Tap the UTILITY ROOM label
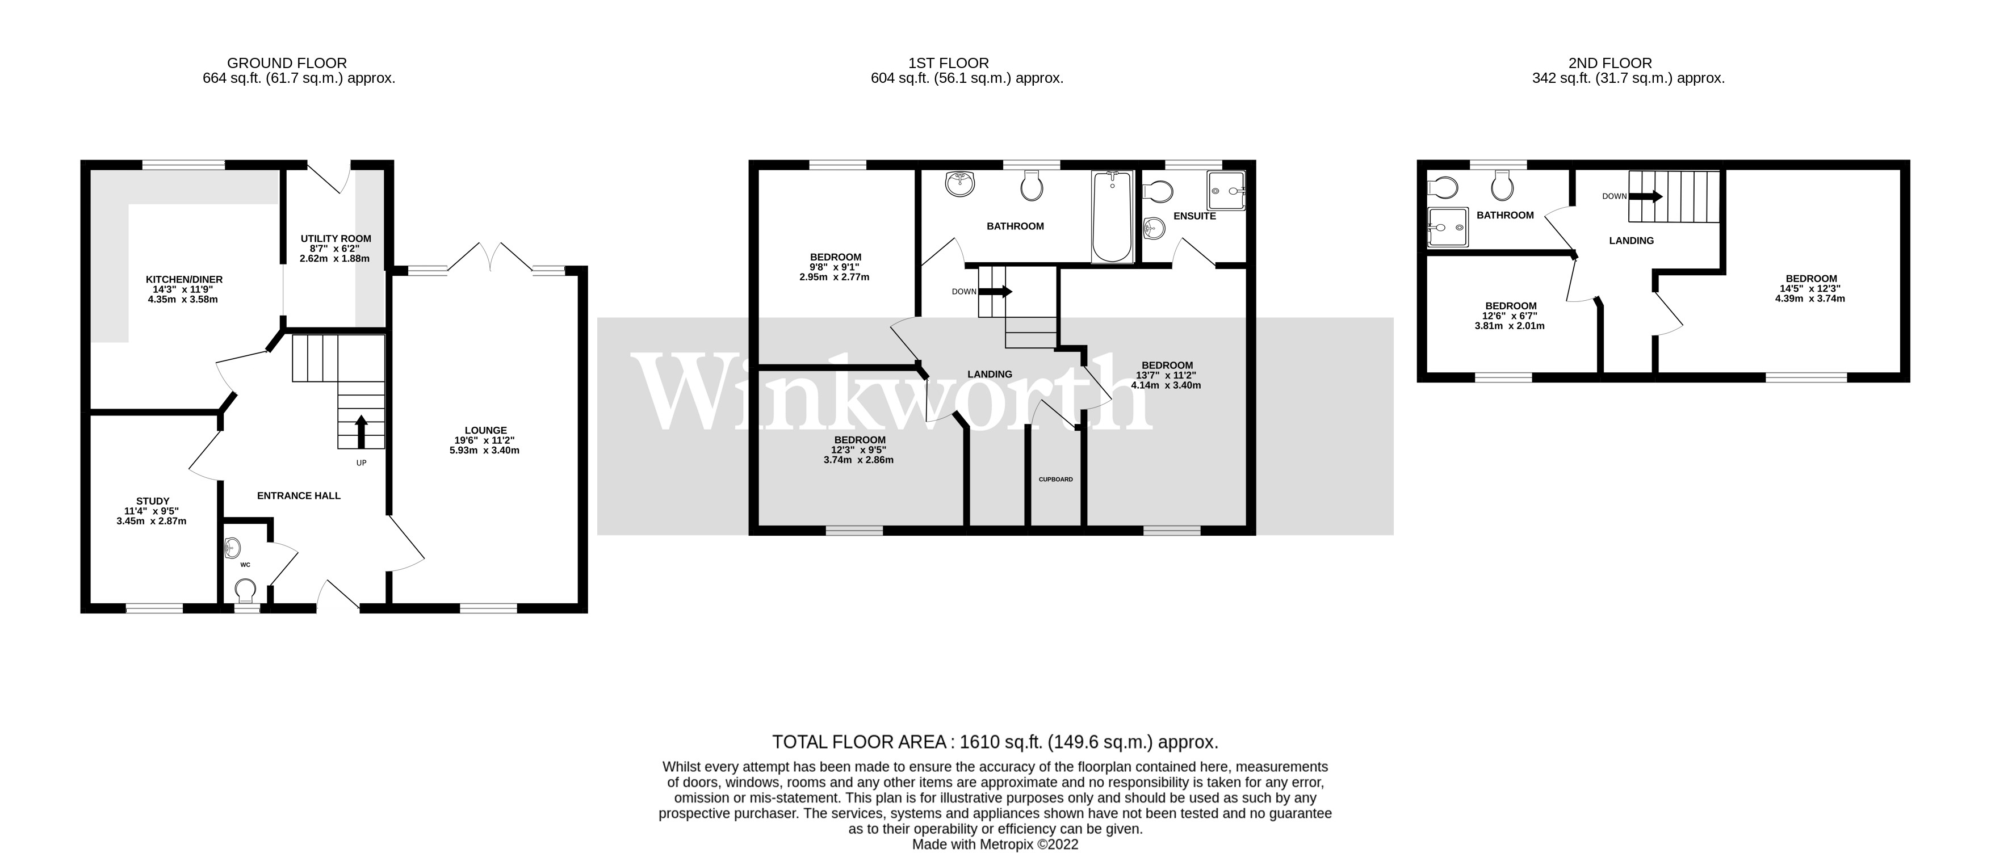point(336,239)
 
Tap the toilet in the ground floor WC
point(246,593)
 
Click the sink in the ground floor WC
point(231,548)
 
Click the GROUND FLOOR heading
point(287,64)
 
